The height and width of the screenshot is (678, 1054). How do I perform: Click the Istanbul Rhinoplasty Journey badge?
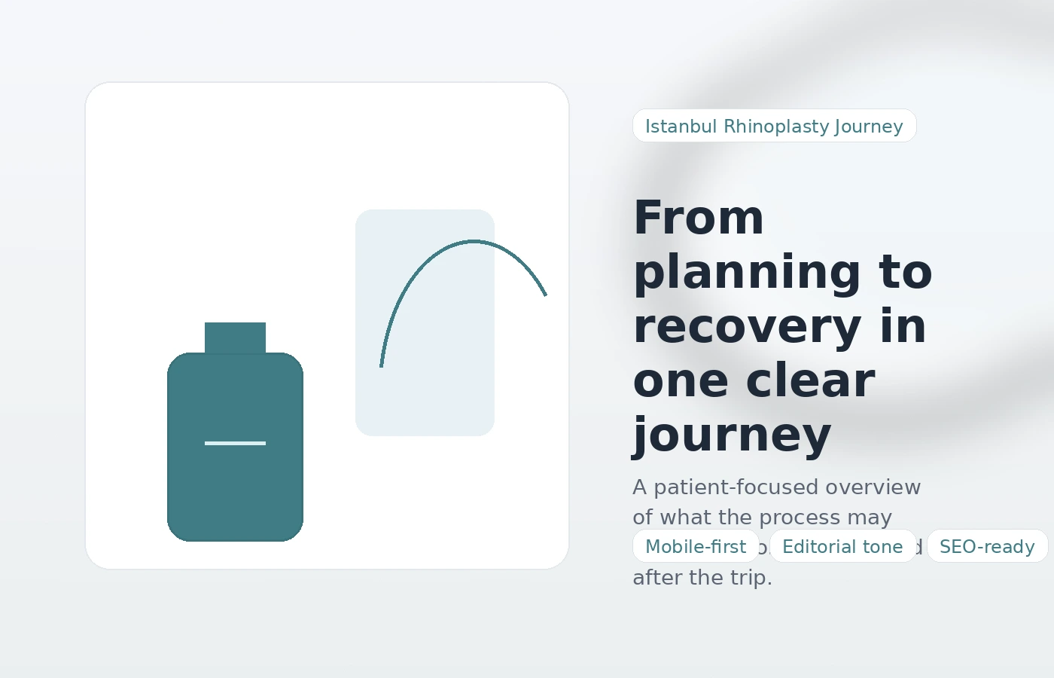[774, 126]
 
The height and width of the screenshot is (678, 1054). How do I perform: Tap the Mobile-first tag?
[696, 546]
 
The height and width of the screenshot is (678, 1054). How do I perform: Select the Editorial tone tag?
[842, 546]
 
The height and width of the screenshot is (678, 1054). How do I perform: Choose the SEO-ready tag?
[987, 546]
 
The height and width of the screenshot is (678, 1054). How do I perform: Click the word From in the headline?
[699, 218]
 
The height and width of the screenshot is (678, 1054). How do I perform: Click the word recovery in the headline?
[747, 327]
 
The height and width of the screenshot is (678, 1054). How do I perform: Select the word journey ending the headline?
[732, 435]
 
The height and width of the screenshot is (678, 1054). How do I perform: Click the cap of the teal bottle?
[235, 337]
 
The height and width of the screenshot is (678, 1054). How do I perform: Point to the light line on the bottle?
[235, 443]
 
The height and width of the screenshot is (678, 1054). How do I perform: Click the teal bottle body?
[235, 490]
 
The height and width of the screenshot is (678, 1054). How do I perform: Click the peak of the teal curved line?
[473, 242]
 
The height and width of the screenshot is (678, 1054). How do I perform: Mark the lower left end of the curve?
[382, 366]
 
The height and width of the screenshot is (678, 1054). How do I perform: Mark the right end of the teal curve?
[545, 295]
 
